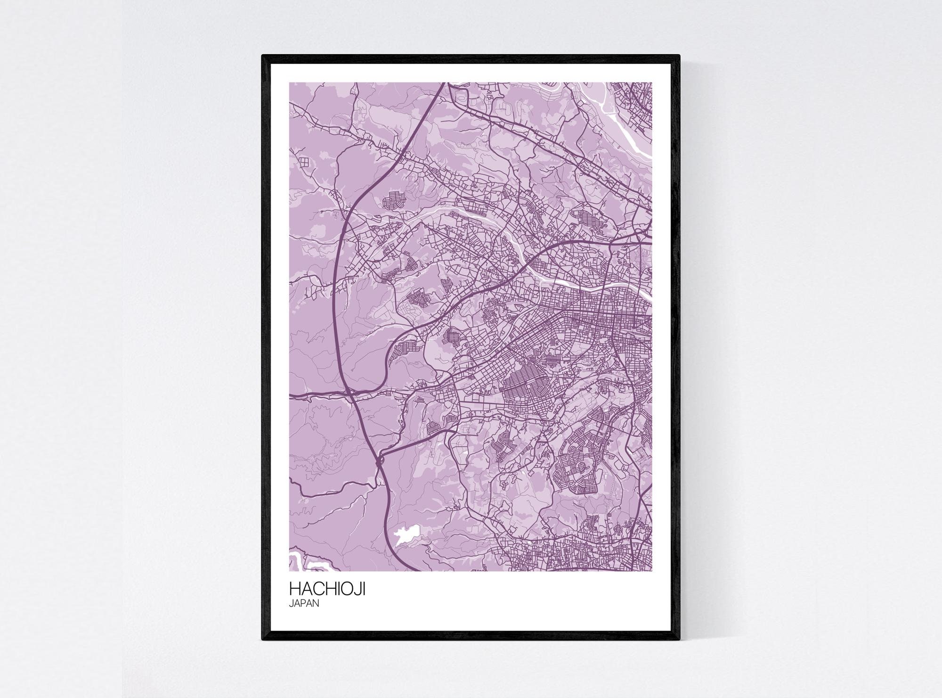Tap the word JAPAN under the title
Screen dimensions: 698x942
coord(304,604)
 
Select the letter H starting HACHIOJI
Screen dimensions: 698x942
coord(294,590)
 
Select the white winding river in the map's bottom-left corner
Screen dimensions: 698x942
coord(301,561)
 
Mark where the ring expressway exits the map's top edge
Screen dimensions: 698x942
coord(443,84)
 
